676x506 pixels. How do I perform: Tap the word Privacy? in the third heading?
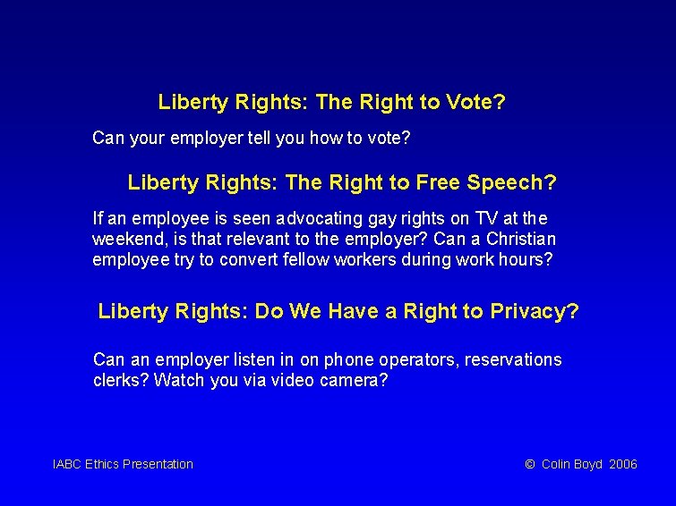(x=535, y=312)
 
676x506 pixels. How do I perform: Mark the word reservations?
(x=510, y=359)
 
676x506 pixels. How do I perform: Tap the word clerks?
(x=121, y=380)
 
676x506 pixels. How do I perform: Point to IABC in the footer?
(x=67, y=464)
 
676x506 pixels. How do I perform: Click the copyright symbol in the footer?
(x=529, y=464)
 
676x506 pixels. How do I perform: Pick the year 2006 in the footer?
(x=622, y=464)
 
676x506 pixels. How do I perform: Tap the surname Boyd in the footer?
(x=587, y=464)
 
